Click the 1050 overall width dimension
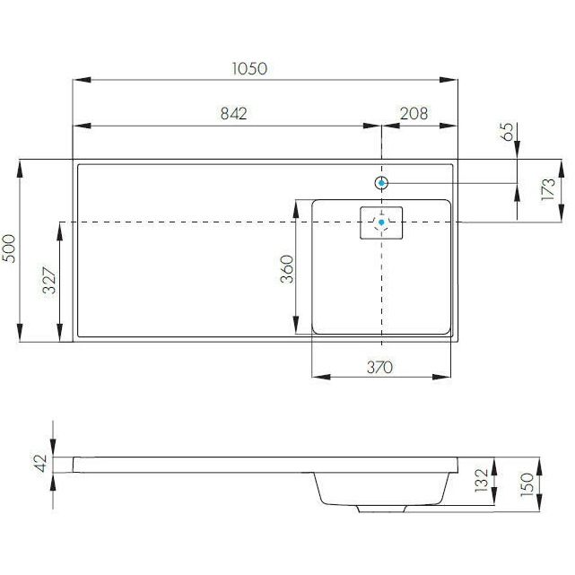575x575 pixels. tap(249, 68)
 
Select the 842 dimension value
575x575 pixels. tap(233, 114)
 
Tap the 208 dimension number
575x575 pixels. tap(414, 114)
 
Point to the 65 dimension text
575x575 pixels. tap(507, 131)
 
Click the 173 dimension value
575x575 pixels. tap(548, 189)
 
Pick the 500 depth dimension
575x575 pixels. tap(9, 248)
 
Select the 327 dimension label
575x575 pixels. tap(50, 281)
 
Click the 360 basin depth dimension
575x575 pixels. tap(287, 269)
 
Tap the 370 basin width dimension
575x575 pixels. tap(379, 367)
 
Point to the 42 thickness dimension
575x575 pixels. tap(40, 463)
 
